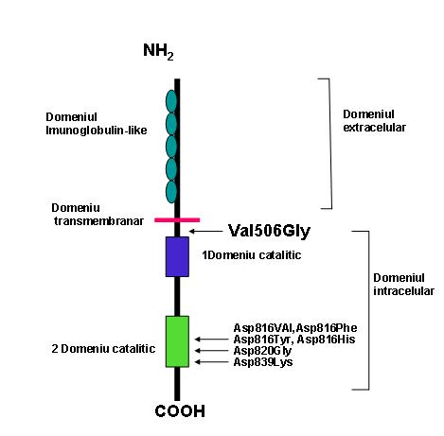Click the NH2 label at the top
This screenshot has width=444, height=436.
click(158, 52)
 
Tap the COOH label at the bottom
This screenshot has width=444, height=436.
click(180, 411)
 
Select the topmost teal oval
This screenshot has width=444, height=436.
click(171, 101)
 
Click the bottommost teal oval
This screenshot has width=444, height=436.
click(171, 192)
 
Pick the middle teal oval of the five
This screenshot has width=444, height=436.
click(171, 147)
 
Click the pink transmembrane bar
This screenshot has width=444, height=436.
click(177, 220)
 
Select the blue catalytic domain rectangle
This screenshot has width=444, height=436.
click(177, 256)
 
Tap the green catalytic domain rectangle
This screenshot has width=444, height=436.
click(177, 341)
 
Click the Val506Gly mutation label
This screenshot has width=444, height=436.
click(269, 232)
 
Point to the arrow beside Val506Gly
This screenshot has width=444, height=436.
click(205, 231)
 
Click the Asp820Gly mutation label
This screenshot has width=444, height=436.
click(262, 351)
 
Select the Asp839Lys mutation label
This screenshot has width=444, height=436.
click(263, 362)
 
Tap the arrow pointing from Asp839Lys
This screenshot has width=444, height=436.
click(214, 362)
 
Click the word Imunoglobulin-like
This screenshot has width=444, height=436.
click(97, 131)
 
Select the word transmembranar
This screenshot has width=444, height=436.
click(98, 221)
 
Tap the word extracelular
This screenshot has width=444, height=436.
click(374, 128)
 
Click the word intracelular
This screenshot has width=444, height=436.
click(404, 291)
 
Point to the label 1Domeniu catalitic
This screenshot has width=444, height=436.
click(252, 255)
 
